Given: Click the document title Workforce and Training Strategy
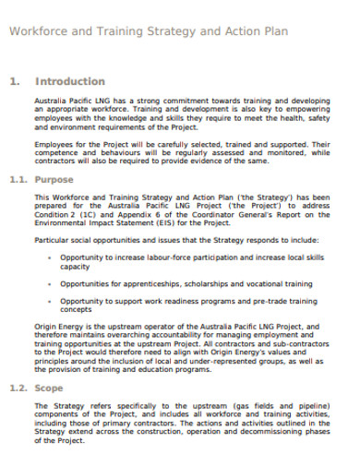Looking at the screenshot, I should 148,30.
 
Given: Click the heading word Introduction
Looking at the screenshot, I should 71,81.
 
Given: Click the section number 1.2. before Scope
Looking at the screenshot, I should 19,388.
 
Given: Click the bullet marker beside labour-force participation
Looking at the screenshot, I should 47,257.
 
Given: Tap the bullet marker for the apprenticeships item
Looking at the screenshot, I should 47,283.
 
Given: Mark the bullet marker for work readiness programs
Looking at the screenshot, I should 47,301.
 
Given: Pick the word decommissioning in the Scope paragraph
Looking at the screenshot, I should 276,432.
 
